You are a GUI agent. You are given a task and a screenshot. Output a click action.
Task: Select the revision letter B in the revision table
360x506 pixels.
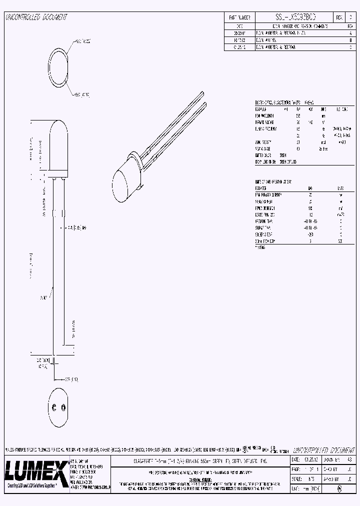[349, 38]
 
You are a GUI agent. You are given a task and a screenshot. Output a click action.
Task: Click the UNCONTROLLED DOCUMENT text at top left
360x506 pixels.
[36, 17]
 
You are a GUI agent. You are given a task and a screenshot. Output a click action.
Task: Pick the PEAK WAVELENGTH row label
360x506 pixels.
[265, 115]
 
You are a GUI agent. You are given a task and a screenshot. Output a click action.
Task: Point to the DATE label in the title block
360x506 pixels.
[295, 459]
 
